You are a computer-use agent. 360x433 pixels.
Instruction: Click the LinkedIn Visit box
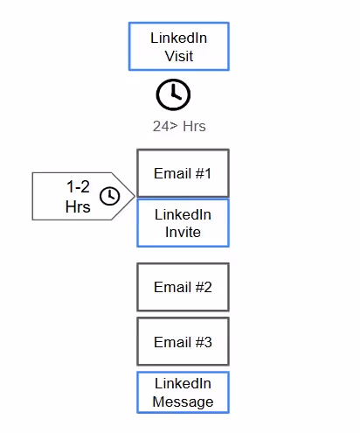click(x=179, y=46)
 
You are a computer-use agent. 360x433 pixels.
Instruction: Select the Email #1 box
click(x=183, y=173)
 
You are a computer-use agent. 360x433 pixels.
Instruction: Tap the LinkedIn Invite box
click(x=183, y=223)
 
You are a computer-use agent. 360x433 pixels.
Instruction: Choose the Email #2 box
click(x=183, y=287)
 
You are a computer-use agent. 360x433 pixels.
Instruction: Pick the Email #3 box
click(x=183, y=341)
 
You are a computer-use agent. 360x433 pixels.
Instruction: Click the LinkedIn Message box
click(x=183, y=393)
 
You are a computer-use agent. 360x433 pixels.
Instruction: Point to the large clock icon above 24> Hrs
click(x=173, y=94)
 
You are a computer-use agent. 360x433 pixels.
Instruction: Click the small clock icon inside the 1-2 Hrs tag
click(x=110, y=196)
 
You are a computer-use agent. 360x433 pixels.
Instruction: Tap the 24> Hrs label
click(x=179, y=126)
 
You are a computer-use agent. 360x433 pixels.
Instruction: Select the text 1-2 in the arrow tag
click(x=78, y=186)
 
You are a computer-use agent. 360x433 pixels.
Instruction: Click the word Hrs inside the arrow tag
click(x=78, y=206)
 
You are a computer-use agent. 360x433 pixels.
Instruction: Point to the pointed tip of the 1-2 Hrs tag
click(x=135, y=196)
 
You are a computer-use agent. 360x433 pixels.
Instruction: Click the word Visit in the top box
click(x=179, y=56)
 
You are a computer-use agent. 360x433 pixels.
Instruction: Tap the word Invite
click(x=183, y=233)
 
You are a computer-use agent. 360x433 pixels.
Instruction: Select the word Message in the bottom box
click(x=183, y=402)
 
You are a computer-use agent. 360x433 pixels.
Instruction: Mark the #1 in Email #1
click(x=204, y=173)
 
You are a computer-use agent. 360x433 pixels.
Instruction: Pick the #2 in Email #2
click(x=204, y=287)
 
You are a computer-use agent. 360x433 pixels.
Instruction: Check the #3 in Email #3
click(x=204, y=342)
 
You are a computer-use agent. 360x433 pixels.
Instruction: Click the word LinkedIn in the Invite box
click(x=183, y=214)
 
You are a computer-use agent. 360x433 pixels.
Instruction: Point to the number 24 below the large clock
click(x=161, y=126)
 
